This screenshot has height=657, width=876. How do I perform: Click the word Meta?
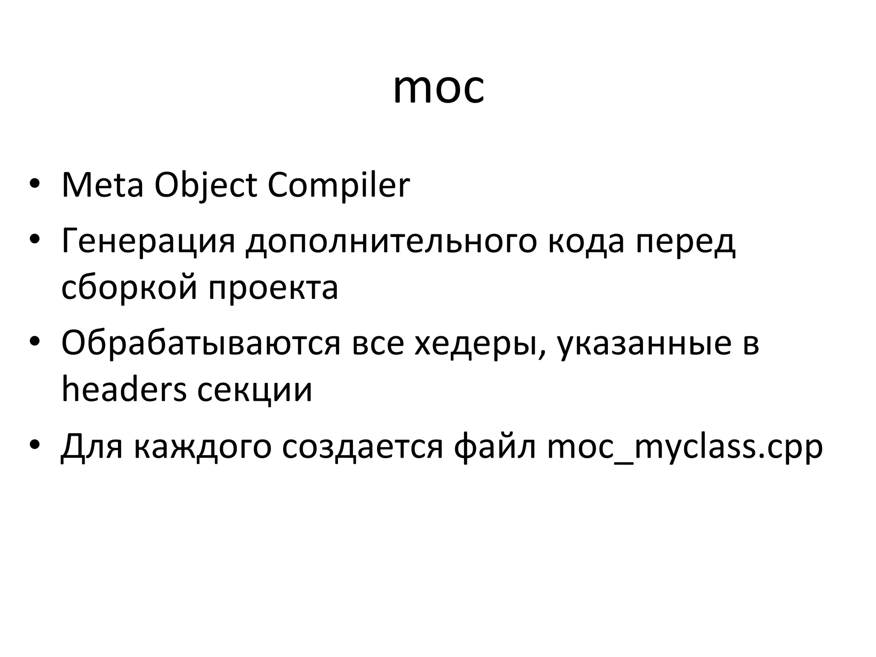click(102, 185)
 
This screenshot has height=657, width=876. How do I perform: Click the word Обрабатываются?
click(201, 343)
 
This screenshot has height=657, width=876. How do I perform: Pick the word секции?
click(255, 391)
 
